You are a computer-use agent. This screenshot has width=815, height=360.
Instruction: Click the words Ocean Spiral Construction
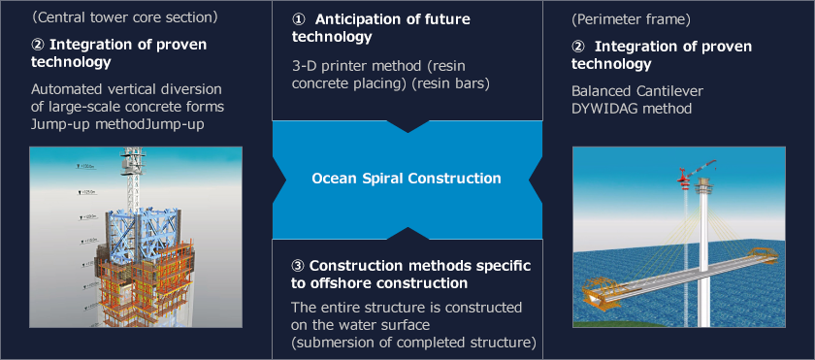click(407, 179)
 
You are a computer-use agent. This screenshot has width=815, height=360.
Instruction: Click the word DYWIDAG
click(601, 109)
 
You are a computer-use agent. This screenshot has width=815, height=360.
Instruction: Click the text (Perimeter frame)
click(631, 20)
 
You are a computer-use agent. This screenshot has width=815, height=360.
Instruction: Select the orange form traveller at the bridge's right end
click(764, 254)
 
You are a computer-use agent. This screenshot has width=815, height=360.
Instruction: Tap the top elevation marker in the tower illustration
click(85, 166)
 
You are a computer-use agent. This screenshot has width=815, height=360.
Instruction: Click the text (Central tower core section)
click(125, 17)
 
